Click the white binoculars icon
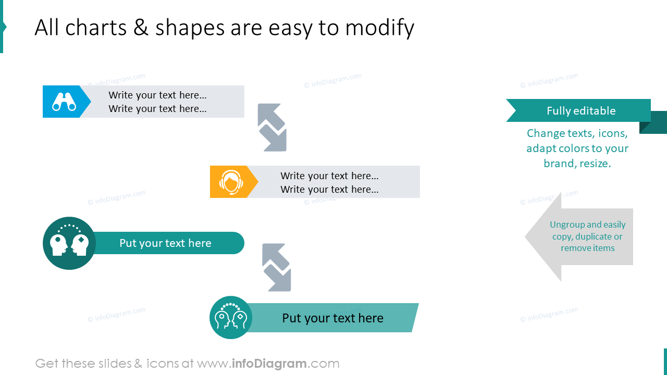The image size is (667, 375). [64, 102]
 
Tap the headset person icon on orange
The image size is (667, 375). [230, 182]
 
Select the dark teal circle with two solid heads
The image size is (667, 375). [69, 243]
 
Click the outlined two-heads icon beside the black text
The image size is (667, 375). [230, 318]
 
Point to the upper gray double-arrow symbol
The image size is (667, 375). [272, 128]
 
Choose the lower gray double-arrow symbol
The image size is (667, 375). [277, 268]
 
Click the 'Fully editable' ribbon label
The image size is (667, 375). [581, 111]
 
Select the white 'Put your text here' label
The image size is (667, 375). [165, 243]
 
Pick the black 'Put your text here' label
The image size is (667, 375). [332, 318]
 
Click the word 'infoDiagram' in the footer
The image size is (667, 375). [269, 364]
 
